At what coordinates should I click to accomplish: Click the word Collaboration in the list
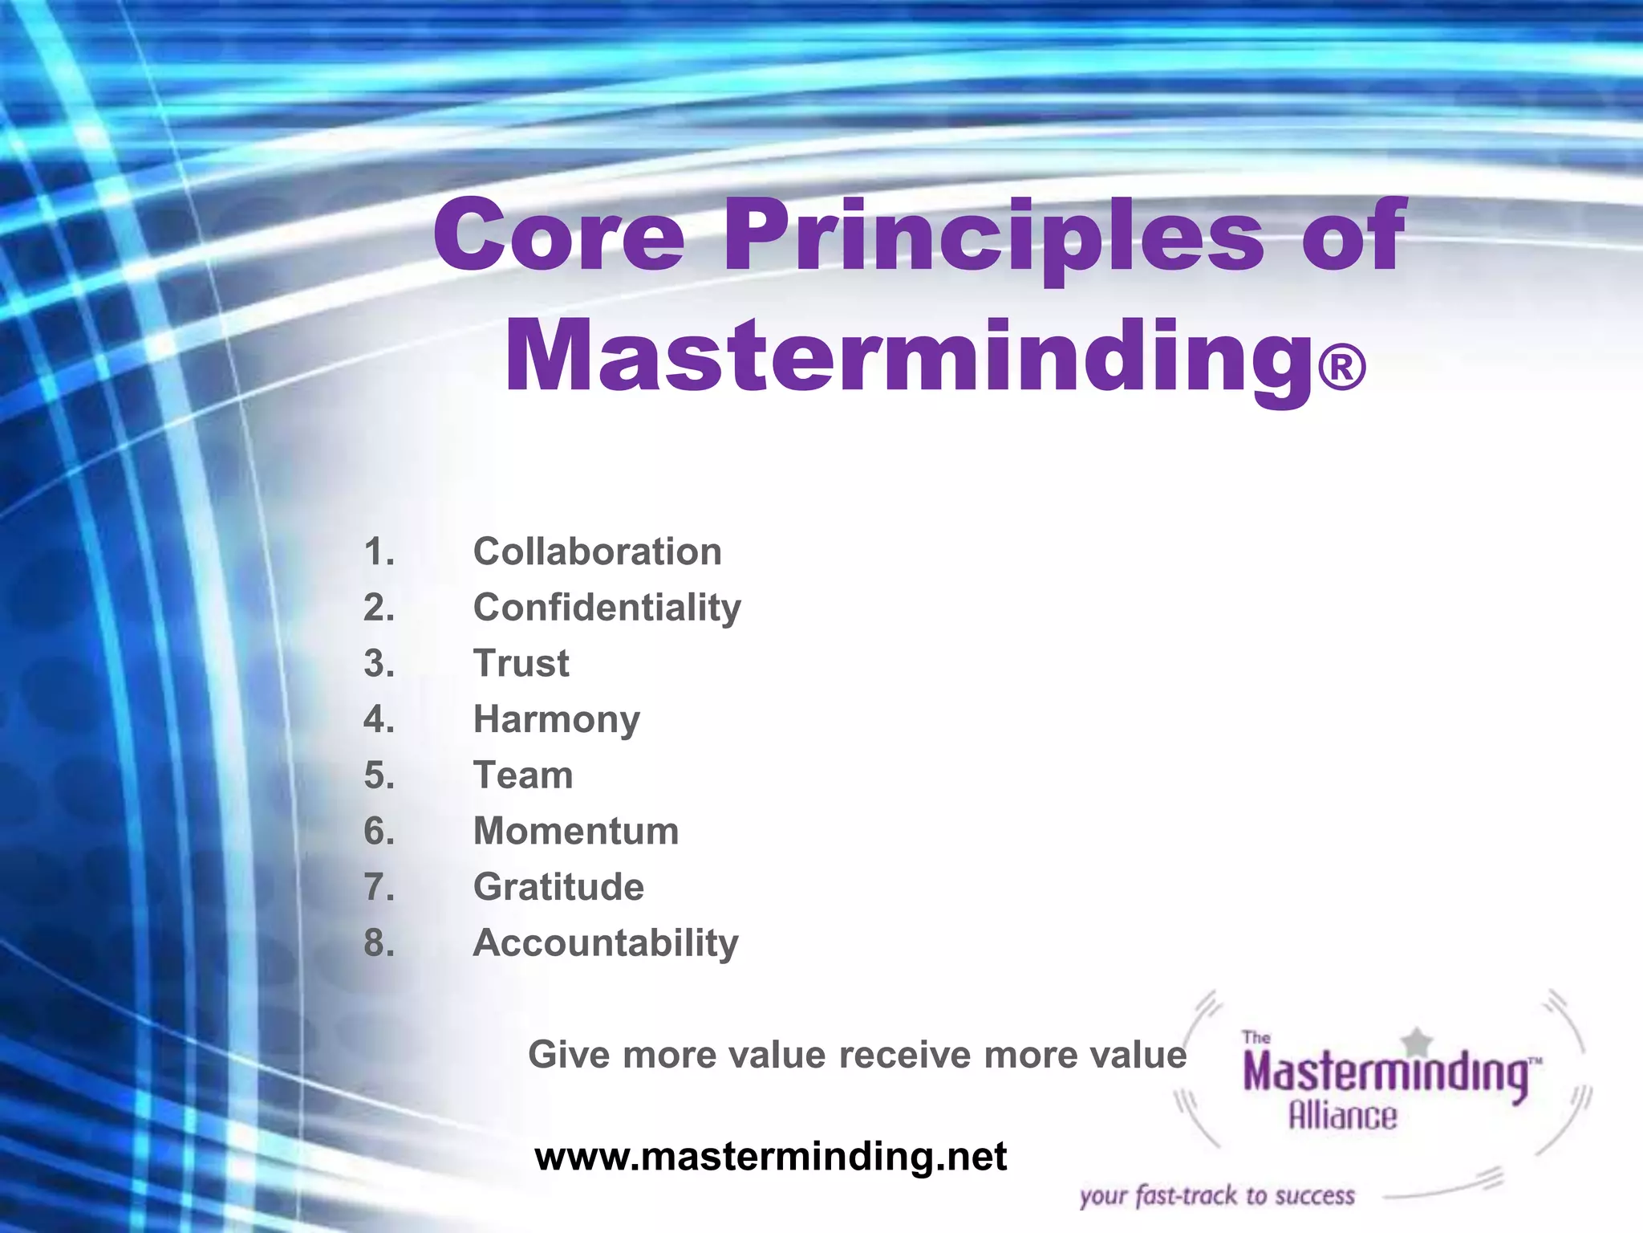click(x=597, y=552)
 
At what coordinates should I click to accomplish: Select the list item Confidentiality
click(x=606, y=608)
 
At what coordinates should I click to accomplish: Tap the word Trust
click(x=521, y=664)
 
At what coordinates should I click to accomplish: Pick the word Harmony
click(x=556, y=720)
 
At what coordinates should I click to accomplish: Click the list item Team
click(x=523, y=775)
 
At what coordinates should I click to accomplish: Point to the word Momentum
click(x=575, y=832)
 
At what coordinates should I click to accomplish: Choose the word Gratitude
click(x=558, y=887)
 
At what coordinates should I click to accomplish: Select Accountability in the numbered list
click(x=605, y=943)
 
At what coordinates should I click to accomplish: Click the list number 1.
click(x=379, y=552)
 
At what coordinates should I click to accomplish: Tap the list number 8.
click(x=379, y=943)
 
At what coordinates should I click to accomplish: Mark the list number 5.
click(x=379, y=775)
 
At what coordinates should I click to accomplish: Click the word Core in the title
click(x=558, y=236)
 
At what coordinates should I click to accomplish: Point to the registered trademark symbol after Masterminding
click(x=1341, y=368)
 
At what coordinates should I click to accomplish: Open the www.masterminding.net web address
click(x=770, y=1157)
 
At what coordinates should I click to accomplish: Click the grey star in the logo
click(x=1418, y=1042)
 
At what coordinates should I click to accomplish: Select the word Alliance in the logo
click(x=1342, y=1117)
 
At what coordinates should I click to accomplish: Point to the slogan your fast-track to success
click(x=1216, y=1196)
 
